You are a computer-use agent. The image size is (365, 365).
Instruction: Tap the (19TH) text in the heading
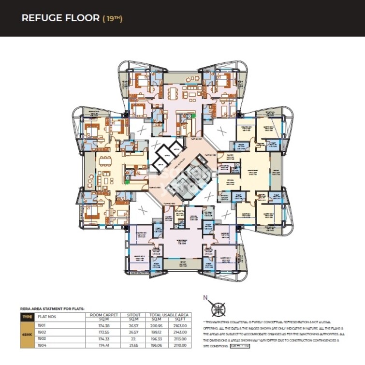112,19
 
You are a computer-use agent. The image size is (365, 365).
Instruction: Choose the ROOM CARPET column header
104,317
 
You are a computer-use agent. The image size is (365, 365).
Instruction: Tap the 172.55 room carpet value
104,332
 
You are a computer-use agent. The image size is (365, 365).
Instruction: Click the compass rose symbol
218,309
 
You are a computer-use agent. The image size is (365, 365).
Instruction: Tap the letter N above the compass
205,298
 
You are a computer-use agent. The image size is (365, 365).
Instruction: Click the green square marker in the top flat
193,116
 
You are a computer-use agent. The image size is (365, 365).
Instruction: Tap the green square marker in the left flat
127,182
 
